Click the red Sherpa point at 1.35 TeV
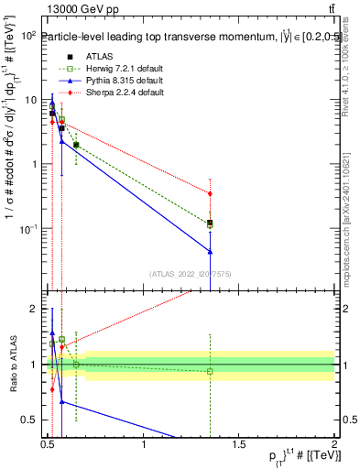point(210,193)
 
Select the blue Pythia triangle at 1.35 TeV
point(210,251)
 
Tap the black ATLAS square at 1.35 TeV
point(210,223)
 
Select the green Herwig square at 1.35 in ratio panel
point(210,371)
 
